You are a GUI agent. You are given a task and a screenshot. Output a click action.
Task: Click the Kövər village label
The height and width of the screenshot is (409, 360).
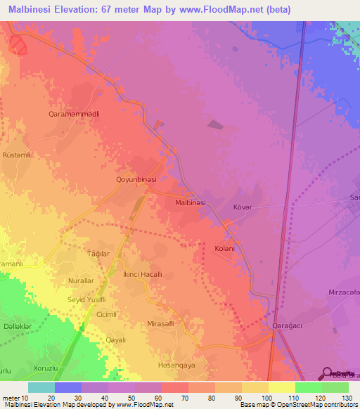242,208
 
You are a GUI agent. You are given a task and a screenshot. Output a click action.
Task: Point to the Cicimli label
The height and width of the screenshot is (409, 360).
106,314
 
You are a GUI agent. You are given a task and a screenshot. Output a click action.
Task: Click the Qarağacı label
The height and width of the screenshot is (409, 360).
287,327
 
